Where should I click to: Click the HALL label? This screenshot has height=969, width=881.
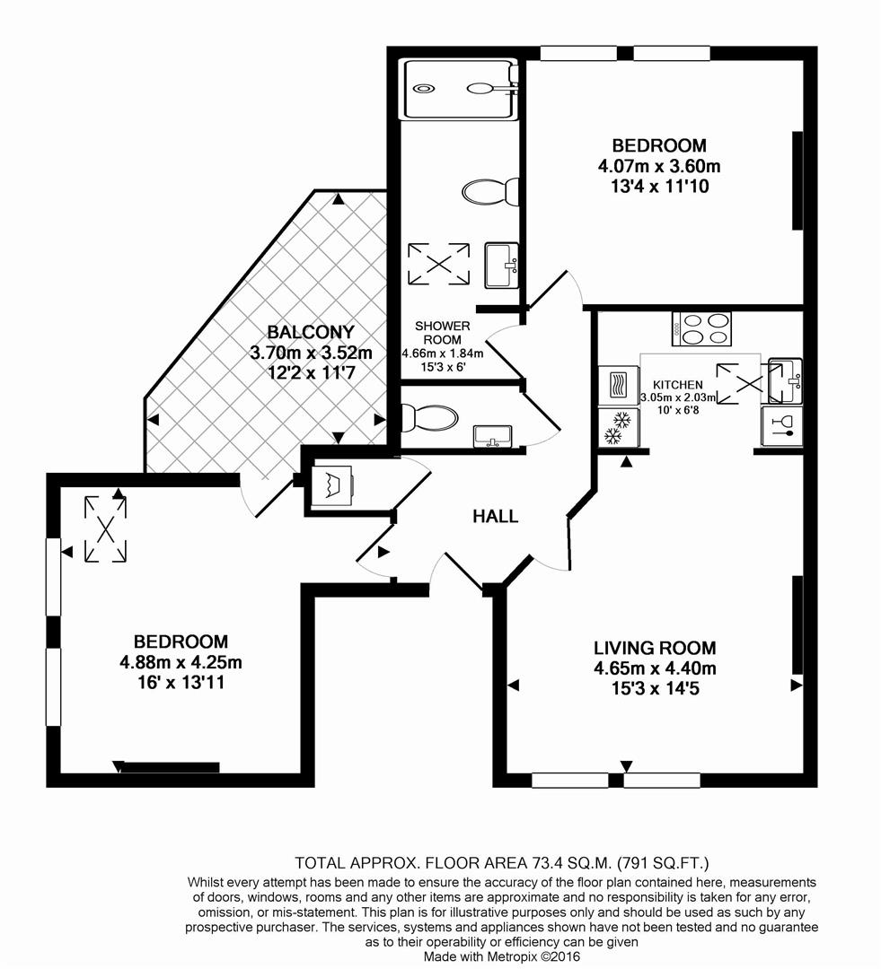click(496, 516)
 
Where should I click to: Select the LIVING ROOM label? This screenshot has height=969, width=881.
click(654, 648)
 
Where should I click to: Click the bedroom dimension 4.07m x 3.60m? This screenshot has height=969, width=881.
click(659, 166)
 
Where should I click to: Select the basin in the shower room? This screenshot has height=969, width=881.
click(501, 266)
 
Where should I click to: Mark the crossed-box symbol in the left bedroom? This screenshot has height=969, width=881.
click(105, 529)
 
